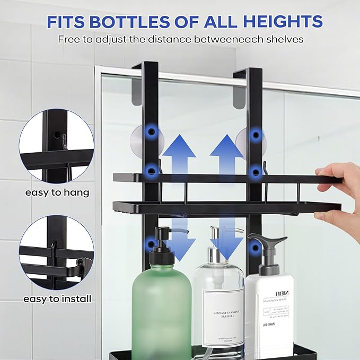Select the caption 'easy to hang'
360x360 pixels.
click(x=57, y=192)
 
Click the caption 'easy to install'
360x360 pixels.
click(x=57, y=299)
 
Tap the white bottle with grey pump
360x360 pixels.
click(x=269, y=308)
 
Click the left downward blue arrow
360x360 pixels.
click(x=179, y=242)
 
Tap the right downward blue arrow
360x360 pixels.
click(x=226, y=242)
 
